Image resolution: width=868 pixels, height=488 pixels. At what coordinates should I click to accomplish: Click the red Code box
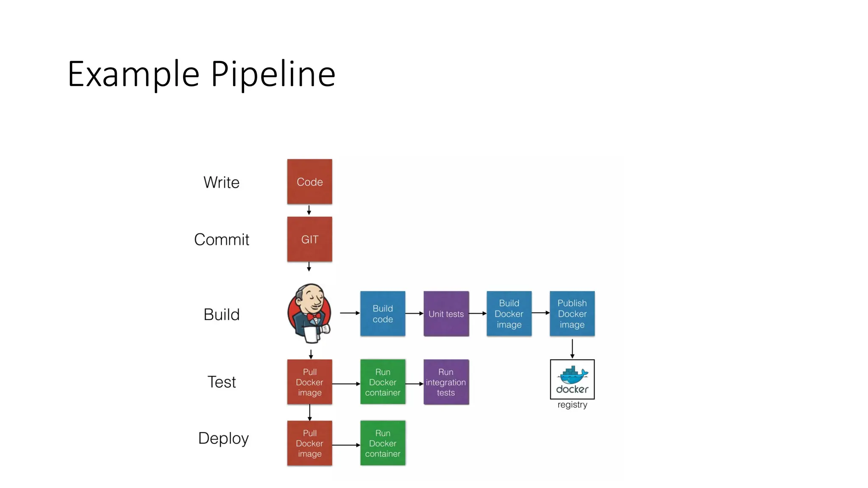coord(309,182)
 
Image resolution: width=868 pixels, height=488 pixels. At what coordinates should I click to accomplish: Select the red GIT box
coord(309,239)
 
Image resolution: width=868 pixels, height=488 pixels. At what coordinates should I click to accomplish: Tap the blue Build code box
coord(383,314)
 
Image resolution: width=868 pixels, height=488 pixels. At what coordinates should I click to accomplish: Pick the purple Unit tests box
coord(446,314)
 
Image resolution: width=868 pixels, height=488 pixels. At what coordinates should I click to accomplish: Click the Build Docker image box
coord(509,314)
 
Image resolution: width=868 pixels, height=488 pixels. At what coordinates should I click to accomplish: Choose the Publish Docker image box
coord(572,314)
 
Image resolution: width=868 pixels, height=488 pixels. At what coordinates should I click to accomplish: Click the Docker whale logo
coord(572,375)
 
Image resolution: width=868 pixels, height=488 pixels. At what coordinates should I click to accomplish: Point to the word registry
coord(572,405)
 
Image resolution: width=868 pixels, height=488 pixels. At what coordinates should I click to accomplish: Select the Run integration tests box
coord(446,382)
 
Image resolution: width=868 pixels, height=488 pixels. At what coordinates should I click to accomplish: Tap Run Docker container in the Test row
coord(383,382)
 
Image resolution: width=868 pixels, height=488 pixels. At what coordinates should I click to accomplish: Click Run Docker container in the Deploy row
coord(383,443)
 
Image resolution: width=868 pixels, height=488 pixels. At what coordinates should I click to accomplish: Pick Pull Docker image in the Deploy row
coord(309,443)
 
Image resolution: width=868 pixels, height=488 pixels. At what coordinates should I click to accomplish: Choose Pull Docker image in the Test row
coord(309,382)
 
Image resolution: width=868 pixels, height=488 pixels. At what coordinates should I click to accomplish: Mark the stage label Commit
coord(221,240)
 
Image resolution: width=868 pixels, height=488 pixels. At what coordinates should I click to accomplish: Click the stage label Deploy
coord(223,438)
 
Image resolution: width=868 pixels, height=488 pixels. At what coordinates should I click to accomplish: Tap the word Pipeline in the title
coord(273,75)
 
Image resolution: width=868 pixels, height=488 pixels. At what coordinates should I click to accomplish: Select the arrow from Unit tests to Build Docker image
coord(478,313)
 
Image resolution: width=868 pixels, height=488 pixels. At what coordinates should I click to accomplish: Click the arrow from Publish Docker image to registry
coord(572,349)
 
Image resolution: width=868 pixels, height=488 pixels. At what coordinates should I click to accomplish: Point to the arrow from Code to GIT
coord(309,211)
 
